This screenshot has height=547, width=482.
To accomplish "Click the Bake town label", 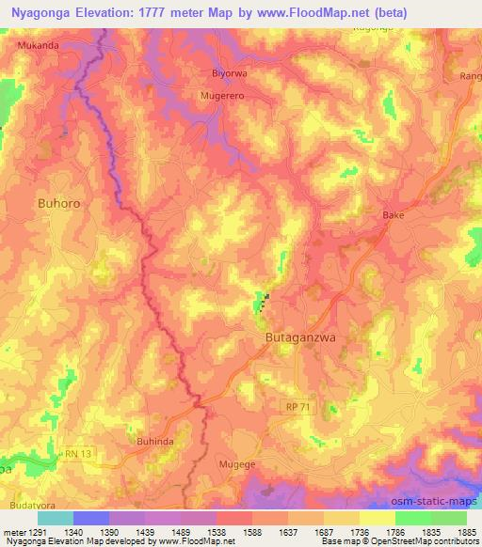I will pos(393,215).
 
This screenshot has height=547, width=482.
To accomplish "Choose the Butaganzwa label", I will pos(297,334).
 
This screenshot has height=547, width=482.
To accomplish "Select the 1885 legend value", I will pos(467,532).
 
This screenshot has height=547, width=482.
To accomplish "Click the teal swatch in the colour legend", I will pos(55,518).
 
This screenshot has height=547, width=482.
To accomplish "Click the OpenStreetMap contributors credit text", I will pos(424,542).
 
